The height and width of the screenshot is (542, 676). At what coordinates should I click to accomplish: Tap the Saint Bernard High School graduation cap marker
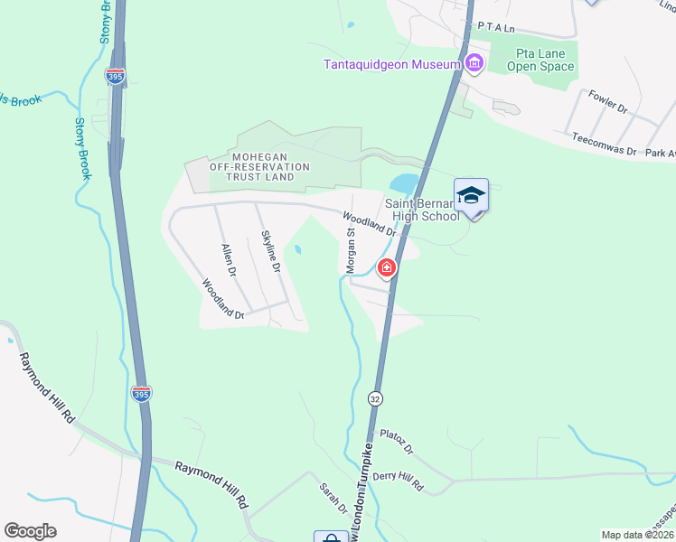point(471,197)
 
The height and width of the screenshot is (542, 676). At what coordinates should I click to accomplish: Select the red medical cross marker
point(387,267)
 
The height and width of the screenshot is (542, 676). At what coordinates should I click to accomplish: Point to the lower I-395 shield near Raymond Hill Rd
point(145,394)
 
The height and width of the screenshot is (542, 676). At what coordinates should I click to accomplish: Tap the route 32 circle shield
point(374,397)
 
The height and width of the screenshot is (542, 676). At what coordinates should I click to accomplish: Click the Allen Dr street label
point(229,260)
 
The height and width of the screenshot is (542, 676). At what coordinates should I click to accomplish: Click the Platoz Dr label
point(397,442)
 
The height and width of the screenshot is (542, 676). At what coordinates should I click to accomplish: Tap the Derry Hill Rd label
point(399,479)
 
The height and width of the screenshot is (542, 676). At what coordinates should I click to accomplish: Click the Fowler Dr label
point(607,100)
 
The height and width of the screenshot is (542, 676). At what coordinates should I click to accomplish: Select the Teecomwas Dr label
point(605,145)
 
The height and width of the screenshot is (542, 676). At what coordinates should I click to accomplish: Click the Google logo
point(30,531)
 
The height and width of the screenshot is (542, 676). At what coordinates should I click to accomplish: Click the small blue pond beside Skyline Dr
point(296,250)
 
